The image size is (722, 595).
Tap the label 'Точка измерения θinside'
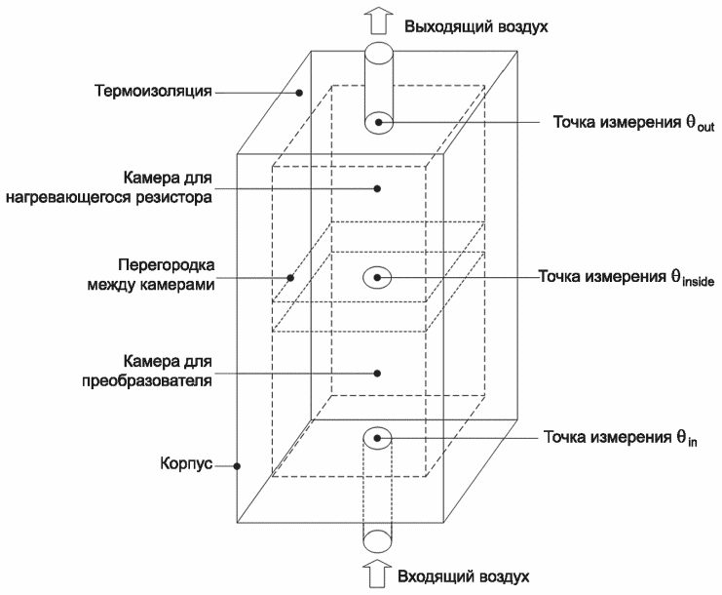click(627, 278)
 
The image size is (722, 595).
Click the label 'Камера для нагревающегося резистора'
click(167, 187)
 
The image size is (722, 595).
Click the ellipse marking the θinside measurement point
click(378, 278)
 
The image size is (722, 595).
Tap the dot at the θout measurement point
click(378, 123)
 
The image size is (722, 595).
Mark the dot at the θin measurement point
click(378, 438)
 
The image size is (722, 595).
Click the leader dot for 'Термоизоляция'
click(300, 94)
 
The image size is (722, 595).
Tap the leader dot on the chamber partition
click(289, 276)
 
